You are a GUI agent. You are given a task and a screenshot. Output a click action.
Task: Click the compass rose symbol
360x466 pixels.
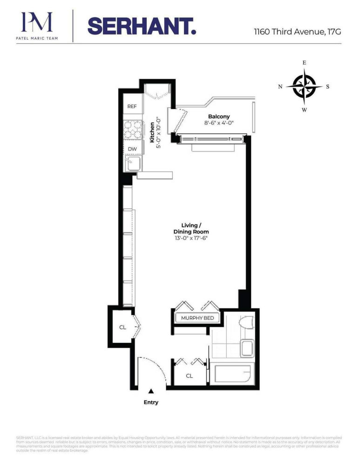point(304,86)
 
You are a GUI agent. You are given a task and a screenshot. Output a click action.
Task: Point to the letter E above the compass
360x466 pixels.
point(304,62)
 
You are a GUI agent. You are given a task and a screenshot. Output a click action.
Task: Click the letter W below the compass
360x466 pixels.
point(304,110)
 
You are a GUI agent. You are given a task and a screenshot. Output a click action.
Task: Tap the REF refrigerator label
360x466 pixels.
point(132,106)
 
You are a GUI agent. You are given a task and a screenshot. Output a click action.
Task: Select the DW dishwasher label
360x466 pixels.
point(132,149)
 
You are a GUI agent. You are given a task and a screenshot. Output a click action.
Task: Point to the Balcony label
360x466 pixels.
point(219,116)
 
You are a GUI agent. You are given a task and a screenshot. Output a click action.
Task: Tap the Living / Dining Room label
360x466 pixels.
point(191,228)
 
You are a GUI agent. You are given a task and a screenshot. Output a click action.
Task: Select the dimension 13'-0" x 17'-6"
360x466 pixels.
point(191,238)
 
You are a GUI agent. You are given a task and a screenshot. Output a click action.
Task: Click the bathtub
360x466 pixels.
point(232,375)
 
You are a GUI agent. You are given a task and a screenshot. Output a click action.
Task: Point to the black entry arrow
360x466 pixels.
point(151,392)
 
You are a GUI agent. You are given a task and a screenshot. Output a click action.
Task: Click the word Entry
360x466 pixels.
point(151,402)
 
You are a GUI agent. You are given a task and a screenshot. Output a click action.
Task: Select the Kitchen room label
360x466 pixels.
point(152,132)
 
